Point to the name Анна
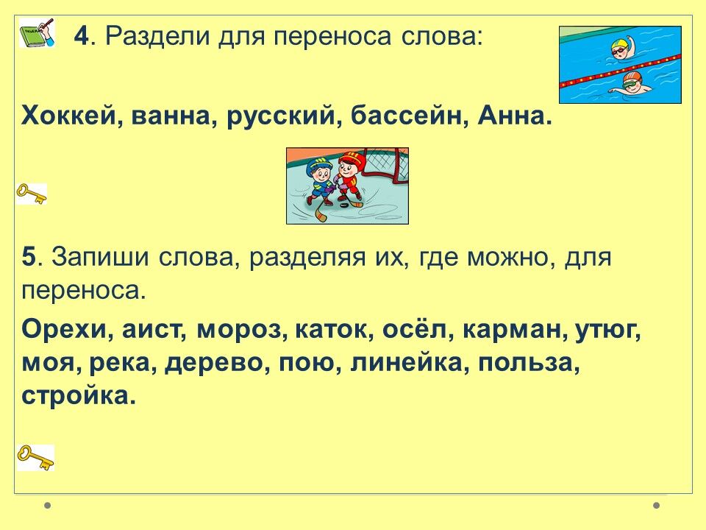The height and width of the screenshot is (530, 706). pos(512,116)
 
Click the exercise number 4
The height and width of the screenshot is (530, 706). pos(82,35)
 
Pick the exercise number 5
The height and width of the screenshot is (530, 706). pos(29,258)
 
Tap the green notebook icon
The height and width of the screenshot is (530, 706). pos(37,33)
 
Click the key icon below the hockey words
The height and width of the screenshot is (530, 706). pos(32,194)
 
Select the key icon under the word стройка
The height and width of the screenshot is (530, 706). pos(35,457)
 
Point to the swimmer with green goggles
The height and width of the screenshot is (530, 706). pos(630,83)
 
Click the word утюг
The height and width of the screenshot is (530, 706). pos(607,331)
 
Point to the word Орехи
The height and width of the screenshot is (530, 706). pos(67,330)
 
